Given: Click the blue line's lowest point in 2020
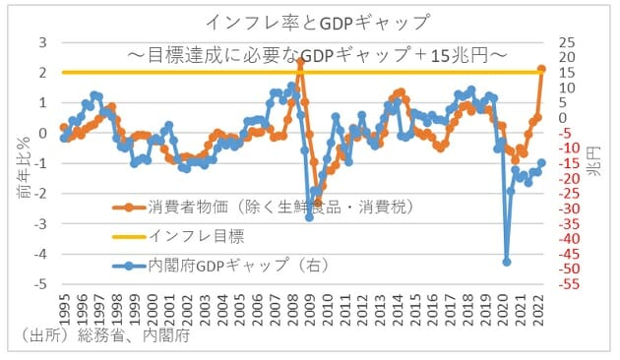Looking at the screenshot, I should tap(507, 262).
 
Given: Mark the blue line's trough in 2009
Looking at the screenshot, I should tap(309, 217).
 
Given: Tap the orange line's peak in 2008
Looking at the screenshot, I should tap(300, 61).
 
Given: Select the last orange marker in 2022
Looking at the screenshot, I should tap(541, 69).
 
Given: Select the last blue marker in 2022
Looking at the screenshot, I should tap(541, 163).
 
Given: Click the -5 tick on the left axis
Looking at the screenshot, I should tap(40, 284).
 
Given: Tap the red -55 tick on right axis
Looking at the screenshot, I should tap(566, 284).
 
